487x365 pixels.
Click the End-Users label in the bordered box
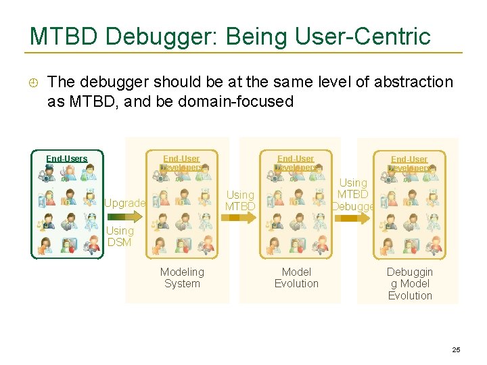pos(66,159)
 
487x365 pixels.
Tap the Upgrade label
pos(124,203)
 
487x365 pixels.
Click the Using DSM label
pos(120,236)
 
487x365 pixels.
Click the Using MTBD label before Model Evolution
pos(240,200)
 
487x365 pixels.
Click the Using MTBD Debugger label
pos(353,195)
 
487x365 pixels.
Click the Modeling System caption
pos(182,277)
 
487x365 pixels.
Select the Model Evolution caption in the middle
pos(296,277)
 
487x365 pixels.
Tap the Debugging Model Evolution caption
pos(410,283)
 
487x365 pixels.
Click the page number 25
pos(456,349)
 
